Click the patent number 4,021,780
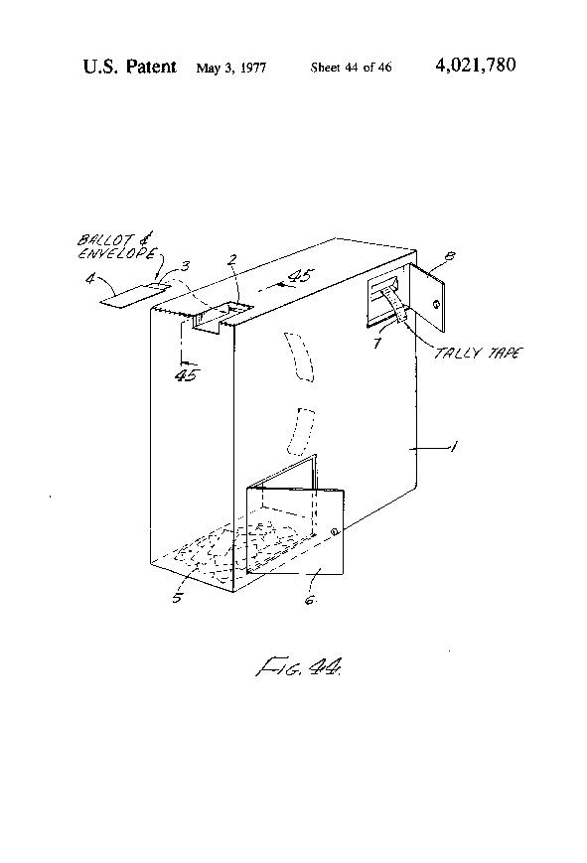(475, 67)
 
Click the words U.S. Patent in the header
(128, 68)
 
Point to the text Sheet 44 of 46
(351, 69)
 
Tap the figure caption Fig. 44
(301, 674)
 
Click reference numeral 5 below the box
(177, 598)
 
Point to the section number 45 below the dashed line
(184, 375)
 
